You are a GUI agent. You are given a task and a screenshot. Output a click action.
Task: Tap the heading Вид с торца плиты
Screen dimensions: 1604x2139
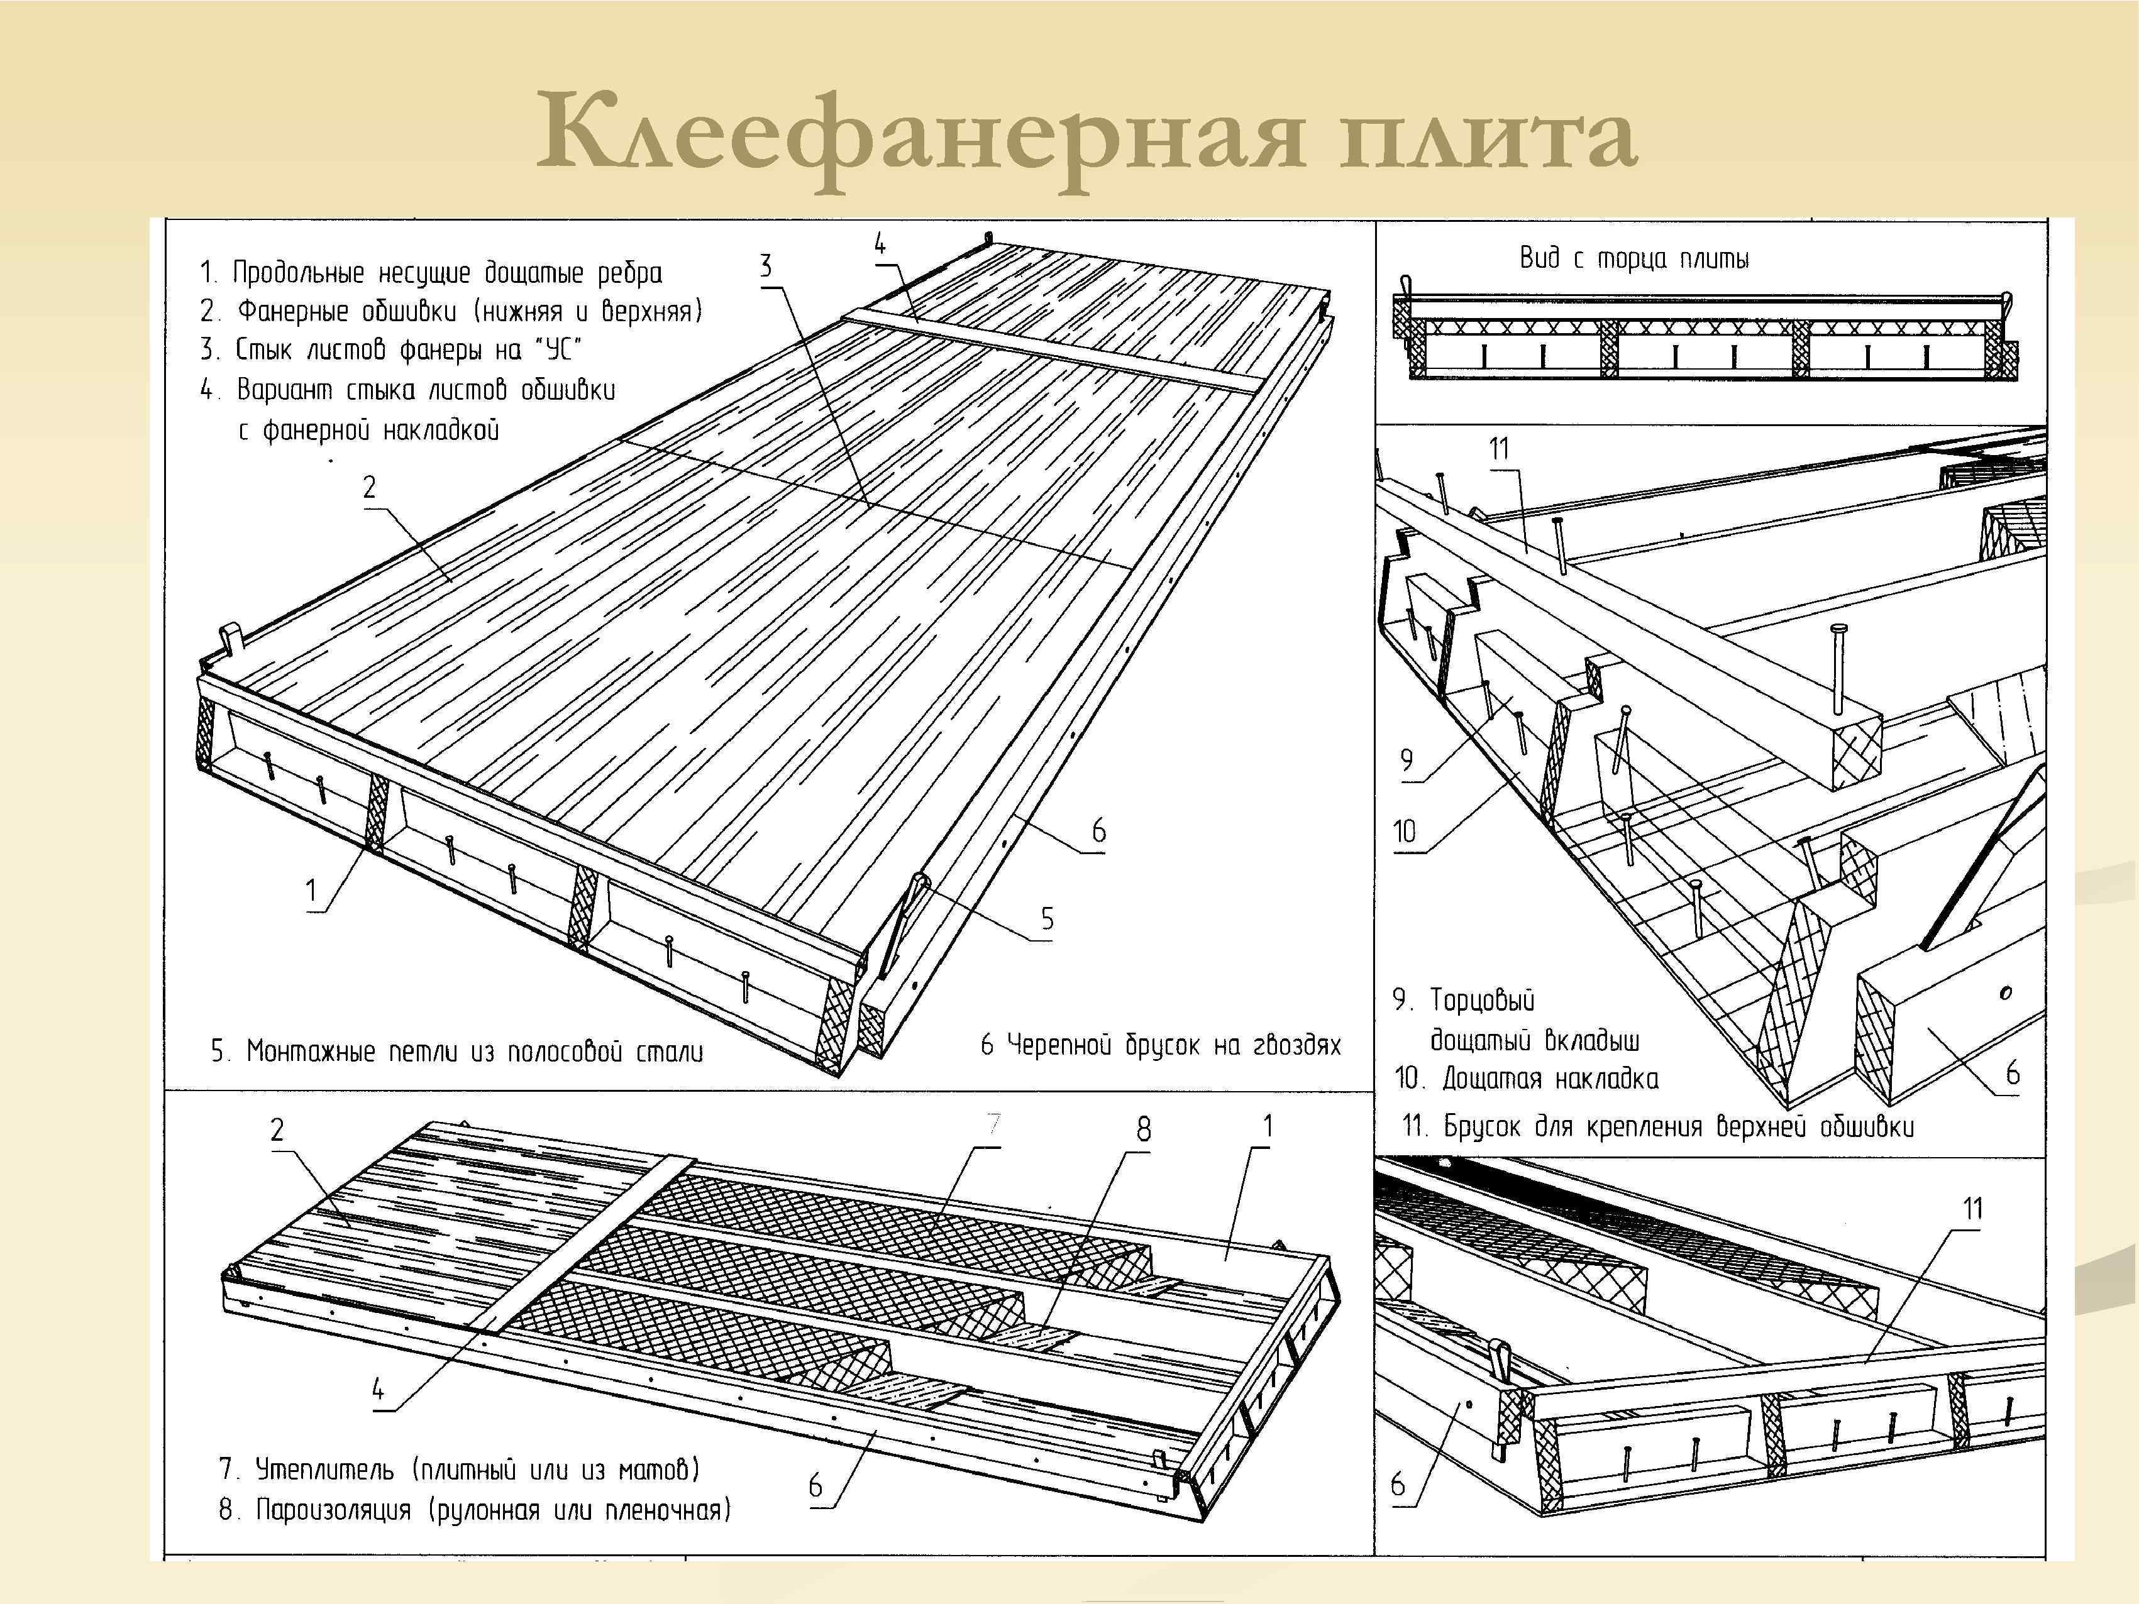coord(1633,258)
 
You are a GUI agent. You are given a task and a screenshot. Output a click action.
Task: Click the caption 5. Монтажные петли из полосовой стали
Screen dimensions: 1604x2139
coord(456,1051)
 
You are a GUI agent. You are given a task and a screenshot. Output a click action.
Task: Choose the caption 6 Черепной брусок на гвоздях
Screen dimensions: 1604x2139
coord(1161,1045)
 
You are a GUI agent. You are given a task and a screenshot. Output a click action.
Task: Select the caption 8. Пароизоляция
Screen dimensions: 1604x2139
coord(474,1509)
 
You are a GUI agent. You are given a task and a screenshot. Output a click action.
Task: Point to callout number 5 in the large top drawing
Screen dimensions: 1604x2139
coord(1047,918)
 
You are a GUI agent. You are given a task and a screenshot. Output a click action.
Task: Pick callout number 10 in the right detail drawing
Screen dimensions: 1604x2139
coord(1404,832)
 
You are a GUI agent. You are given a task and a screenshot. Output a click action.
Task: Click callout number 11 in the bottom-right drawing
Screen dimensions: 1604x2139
coord(1972,1209)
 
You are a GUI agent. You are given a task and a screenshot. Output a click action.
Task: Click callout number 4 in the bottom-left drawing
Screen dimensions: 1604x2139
coord(378,1390)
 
